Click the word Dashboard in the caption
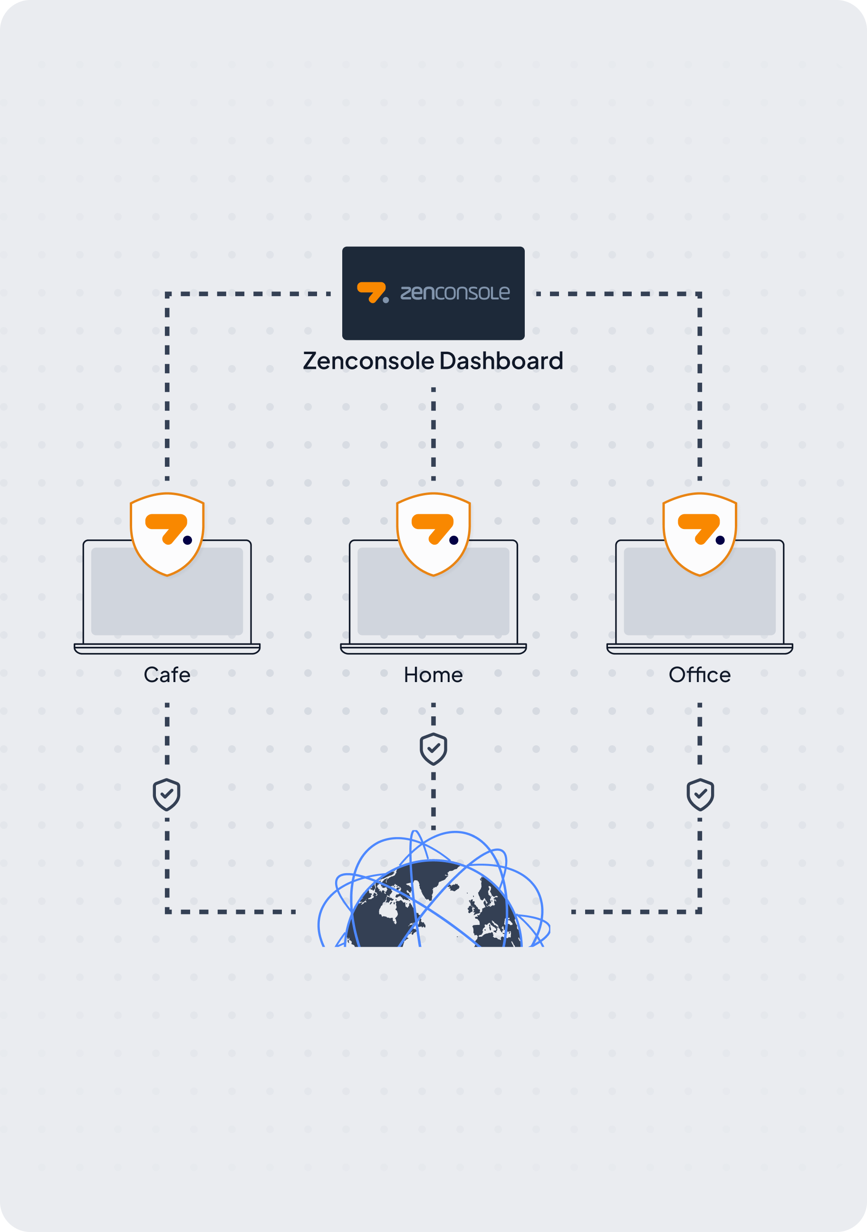[x=501, y=361]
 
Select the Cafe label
[x=167, y=674]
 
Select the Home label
[x=433, y=674]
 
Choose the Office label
[x=700, y=674]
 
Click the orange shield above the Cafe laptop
[x=167, y=534]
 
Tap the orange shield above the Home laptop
[x=433, y=534]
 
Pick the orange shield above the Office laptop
[x=700, y=534]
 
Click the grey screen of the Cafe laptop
[x=167, y=606]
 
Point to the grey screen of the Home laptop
[x=433, y=606]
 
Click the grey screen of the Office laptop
[x=700, y=606]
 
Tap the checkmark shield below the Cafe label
[x=166, y=795]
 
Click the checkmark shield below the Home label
[x=433, y=749]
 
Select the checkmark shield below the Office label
[x=700, y=795]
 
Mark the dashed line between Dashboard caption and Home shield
[x=433, y=433]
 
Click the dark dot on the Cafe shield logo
[x=187, y=540]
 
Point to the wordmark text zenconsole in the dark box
[x=455, y=293]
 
